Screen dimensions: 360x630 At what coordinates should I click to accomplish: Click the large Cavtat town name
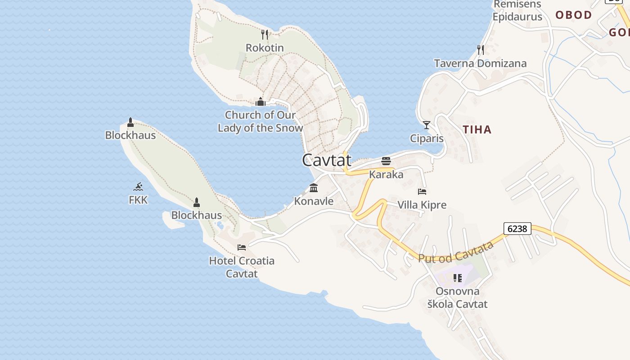point(326,160)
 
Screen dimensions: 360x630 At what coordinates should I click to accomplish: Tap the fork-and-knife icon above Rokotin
point(265,34)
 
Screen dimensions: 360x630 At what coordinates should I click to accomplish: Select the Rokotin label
point(265,48)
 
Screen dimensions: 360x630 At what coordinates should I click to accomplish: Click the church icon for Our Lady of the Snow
point(261,102)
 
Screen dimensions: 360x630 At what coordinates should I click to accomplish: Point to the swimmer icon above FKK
point(138,187)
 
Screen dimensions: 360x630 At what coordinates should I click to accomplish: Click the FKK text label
point(138,200)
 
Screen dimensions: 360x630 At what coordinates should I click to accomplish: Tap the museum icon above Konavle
point(314,188)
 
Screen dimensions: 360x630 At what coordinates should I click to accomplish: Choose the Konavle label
point(314,201)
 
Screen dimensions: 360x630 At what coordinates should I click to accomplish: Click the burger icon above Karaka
point(386,161)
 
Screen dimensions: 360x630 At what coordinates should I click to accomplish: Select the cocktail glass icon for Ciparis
point(427,125)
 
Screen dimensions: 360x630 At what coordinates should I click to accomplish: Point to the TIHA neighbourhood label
point(477,130)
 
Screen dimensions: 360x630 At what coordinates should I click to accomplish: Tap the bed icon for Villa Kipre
point(422,192)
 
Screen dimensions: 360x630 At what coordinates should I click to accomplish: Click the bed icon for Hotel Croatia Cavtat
point(242,247)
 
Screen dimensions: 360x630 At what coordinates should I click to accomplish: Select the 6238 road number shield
point(517,229)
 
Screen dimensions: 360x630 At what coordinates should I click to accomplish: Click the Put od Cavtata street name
point(456,252)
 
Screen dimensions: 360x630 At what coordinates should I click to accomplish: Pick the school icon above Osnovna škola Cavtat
point(458,278)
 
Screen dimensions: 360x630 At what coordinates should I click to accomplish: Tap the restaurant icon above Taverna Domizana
point(480,49)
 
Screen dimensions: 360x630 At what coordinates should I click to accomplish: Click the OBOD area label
point(573,15)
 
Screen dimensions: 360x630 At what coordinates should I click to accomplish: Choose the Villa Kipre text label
point(422,205)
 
